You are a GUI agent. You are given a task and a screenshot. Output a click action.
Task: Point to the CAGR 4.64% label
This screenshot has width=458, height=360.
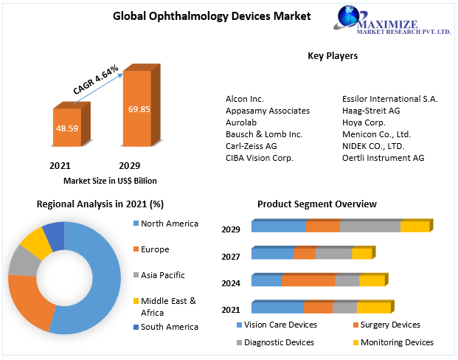click(x=96, y=79)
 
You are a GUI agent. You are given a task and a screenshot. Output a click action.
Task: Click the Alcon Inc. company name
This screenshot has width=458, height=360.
click(x=245, y=98)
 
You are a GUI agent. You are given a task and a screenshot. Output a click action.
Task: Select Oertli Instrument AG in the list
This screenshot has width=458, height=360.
click(x=383, y=158)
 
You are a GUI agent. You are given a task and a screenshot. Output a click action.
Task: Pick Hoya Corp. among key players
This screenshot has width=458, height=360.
click(x=364, y=122)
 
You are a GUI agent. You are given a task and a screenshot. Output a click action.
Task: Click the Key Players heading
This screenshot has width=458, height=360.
click(x=332, y=55)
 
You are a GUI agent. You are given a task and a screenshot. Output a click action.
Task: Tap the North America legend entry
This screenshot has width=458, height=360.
click(x=170, y=224)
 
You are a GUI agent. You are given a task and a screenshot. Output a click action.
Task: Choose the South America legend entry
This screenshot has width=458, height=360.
click(x=169, y=327)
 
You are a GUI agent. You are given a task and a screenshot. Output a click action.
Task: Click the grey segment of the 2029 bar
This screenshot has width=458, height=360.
click(x=370, y=226)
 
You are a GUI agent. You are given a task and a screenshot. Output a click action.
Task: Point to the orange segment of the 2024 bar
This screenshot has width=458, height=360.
click(x=308, y=280)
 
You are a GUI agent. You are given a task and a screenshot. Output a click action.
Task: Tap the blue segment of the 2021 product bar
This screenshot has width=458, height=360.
click(x=277, y=308)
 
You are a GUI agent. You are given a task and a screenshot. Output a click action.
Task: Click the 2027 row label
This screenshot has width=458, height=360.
click(x=231, y=257)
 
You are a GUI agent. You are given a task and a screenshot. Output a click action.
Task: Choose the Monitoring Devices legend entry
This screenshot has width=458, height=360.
click(x=396, y=342)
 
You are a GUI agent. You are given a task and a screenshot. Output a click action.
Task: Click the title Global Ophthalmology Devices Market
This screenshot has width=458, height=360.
click(x=201, y=15)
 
